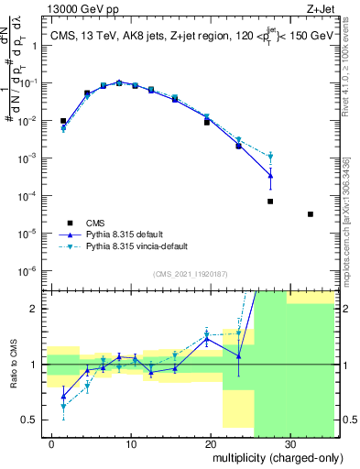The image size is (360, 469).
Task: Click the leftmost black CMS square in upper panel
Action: (x=63, y=121)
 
